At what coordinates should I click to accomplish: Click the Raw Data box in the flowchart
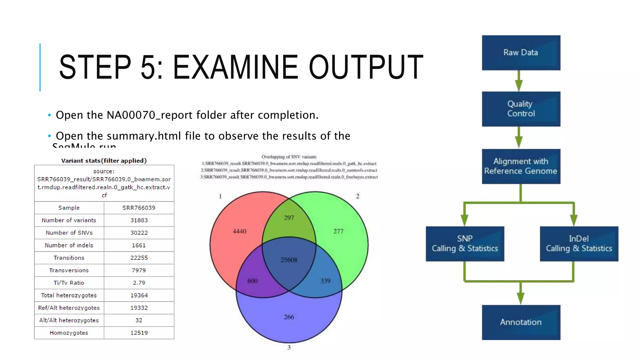tap(521, 52)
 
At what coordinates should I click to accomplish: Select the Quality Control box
tap(521, 109)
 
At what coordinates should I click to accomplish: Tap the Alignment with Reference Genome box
tap(521, 166)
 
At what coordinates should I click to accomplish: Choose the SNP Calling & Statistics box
tap(465, 244)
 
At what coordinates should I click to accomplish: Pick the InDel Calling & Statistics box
tap(579, 244)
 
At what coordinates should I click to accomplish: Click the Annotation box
tap(521, 322)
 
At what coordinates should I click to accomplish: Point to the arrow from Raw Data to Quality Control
tap(519, 81)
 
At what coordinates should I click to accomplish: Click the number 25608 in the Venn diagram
tap(289, 260)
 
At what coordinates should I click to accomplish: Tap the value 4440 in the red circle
tap(239, 231)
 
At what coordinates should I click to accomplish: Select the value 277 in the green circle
tap(338, 231)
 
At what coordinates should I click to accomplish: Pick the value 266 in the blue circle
tap(289, 317)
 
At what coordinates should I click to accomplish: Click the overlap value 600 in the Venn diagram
tap(252, 281)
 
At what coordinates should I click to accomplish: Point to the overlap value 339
tap(325, 281)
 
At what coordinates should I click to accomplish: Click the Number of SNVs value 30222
tap(139, 233)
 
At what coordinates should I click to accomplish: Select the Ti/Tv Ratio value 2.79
tap(139, 283)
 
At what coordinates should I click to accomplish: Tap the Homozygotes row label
tap(69, 333)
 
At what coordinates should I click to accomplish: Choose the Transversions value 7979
tap(139, 270)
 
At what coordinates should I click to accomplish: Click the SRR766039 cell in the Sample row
tap(139, 208)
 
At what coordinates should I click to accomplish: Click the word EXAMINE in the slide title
tap(236, 67)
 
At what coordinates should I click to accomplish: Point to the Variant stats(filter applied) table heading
tap(104, 161)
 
